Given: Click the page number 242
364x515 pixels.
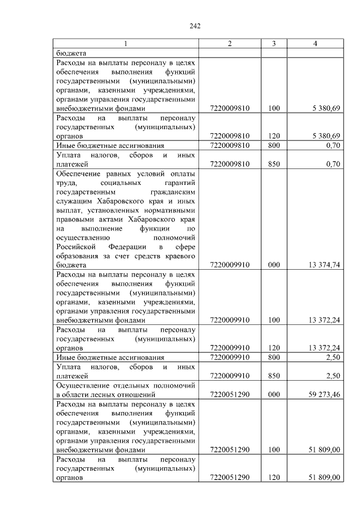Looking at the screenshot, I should click(193, 26).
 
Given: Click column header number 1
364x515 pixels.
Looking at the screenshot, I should click(126, 44).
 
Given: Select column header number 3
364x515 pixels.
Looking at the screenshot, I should click(274, 44).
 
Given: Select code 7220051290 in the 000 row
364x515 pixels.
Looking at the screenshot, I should click(230, 393).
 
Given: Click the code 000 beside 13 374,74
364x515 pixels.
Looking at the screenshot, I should click(274, 265).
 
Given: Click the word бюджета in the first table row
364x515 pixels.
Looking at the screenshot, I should click(70, 53).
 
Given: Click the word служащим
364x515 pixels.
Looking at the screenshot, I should click(73, 200).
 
